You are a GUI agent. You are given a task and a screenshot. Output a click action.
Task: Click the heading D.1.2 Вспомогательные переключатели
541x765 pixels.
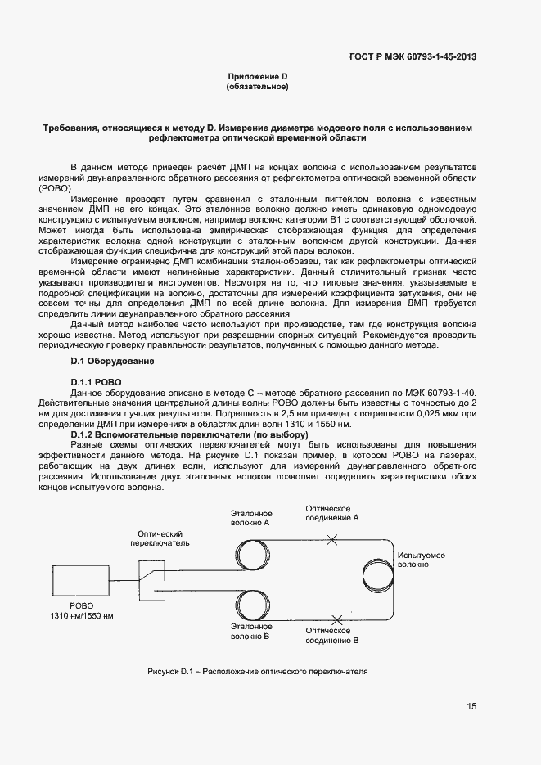[188, 434]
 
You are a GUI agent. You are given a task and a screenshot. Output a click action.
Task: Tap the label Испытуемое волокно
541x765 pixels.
[422, 560]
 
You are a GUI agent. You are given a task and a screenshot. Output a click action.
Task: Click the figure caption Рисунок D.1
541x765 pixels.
[257, 672]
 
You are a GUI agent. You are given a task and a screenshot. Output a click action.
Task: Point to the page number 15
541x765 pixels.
[471, 706]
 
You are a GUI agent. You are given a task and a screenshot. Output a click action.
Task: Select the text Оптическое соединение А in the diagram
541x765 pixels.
[331, 513]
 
